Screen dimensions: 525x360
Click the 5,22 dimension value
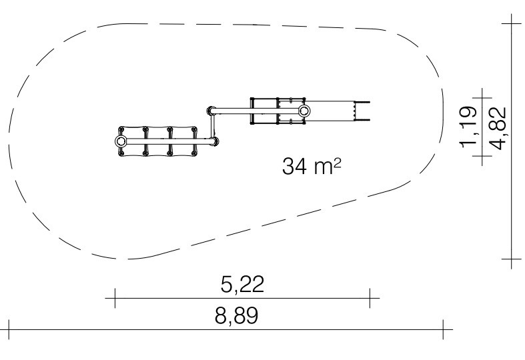click(x=242, y=285)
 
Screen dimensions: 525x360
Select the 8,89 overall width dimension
click(x=236, y=315)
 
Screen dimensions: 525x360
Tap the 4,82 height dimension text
click(x=497, y=128)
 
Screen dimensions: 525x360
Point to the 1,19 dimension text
click(x=468, y=127)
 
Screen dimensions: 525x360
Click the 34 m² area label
click(x=312, y=166)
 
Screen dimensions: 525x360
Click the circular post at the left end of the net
click(x=121, y=141)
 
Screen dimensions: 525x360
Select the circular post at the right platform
click(x=304, y=111)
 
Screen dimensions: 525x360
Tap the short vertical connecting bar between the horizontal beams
click(x=211, y=126)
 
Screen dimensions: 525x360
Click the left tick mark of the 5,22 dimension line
click(x=115, y=298)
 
